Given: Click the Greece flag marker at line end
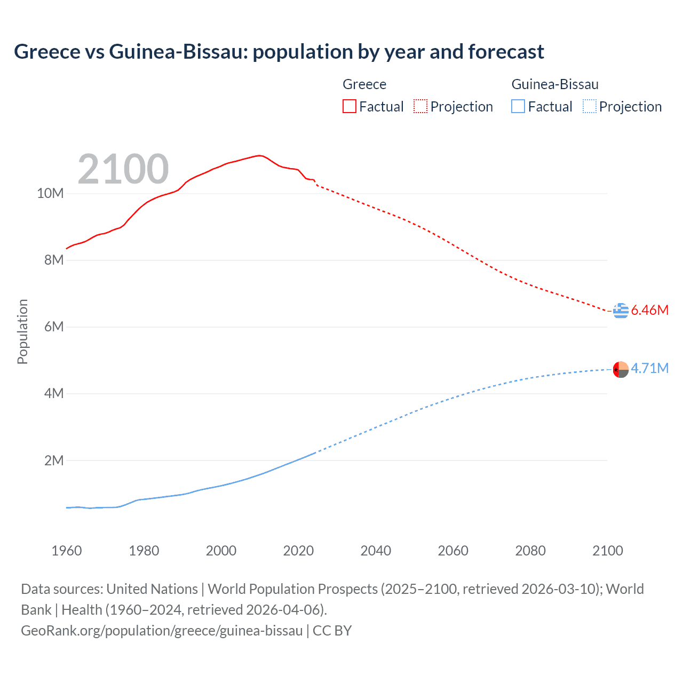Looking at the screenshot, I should tap(621, 310).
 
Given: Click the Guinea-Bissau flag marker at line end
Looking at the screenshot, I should tap(621, 369).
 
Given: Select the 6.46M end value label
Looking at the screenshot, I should tap(649, 310).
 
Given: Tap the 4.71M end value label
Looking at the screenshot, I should tap(649, 368).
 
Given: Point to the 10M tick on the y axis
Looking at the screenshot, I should tap(50, 193).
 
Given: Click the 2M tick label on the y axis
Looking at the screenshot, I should tap(53, 460).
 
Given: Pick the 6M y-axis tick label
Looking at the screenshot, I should tap(53, 327).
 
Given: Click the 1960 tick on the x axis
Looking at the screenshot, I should tap(67, 551).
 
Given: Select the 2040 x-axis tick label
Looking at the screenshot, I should tap(376, 551).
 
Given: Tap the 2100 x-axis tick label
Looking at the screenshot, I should tap(607, 551).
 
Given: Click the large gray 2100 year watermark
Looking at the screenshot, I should tap(123, 169).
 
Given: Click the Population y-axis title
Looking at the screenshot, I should tap(22, 331).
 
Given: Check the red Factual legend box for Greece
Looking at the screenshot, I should tap(349, 106).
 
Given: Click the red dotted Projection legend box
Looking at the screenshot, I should tap(420, 106).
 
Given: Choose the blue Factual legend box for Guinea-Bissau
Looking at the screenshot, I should tap(518, 106).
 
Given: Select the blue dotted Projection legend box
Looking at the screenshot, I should tap(589, 106).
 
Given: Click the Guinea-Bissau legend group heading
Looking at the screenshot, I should tap(554, 84).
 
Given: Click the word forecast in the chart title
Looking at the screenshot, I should tap(506, 52).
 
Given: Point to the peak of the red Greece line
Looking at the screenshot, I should tap(259, 155).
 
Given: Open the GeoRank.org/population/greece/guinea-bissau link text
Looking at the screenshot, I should tap(162, 631).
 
